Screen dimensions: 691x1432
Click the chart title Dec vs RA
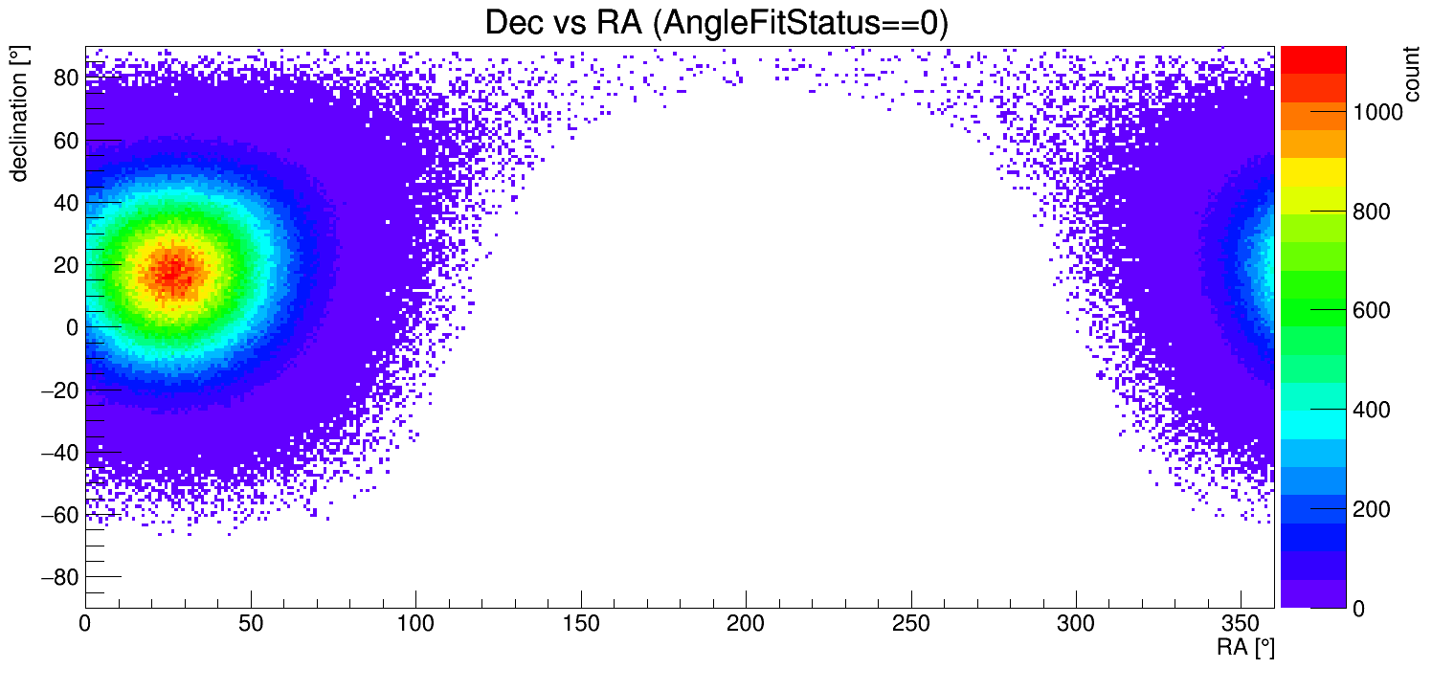click(716, 23)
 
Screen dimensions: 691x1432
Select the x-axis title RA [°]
click(1245, 648)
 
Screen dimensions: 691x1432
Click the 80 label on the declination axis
click(64, 78)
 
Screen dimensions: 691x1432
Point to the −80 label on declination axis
click(57, 577)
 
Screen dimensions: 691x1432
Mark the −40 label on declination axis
click(57, 453)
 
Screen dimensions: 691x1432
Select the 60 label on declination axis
click(64, 141)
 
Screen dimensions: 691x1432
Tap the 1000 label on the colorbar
click(1376, 113)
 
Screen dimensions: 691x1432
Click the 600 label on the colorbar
click(1371, 311)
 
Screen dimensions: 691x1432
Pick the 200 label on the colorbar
click(1371, 509)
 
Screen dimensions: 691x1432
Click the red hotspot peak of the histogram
click(172, 271)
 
